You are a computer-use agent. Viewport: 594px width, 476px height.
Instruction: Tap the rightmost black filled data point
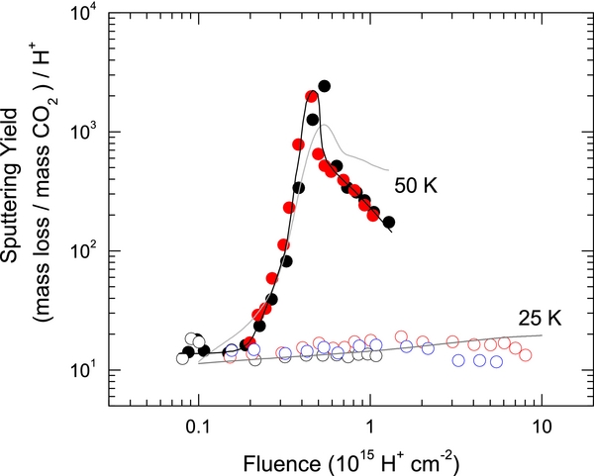coord(389,223)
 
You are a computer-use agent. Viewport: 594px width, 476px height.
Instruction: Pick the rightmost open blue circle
coord(496,362)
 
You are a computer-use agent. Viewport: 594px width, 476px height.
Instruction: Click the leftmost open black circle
coord(182,358)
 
